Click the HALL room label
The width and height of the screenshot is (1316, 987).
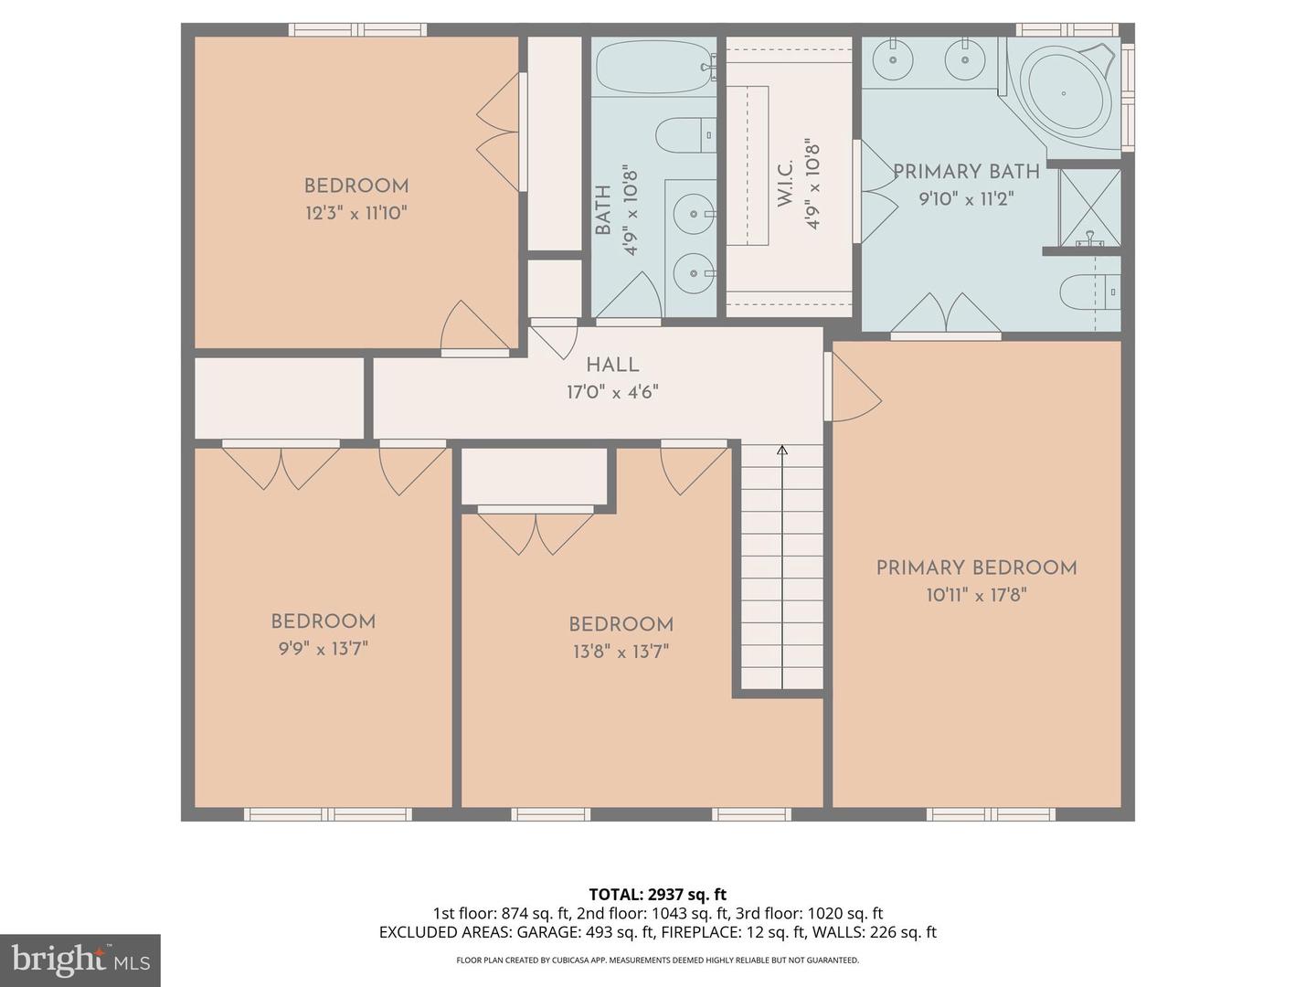tap(612, 365)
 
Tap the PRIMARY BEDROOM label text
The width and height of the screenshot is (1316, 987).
tap(976, 568)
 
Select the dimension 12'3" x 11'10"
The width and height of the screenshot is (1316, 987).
tap(356, 214)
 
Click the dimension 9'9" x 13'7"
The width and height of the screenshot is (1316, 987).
tap(323, 649)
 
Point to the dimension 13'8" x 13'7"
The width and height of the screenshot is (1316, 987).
tap(621, 652)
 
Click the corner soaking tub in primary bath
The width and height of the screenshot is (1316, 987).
tap(1066, 93)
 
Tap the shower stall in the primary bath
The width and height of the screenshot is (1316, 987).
tap(1089, 207)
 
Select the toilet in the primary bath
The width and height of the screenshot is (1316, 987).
tap(1088, 293)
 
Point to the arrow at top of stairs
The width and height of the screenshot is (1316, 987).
tap(782, 450)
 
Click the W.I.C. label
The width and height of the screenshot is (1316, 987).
tap(785, 186)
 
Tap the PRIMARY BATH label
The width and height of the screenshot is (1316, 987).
tap(966, 172)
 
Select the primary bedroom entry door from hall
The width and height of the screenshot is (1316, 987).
tap(852, 388)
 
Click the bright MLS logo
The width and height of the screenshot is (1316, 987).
tap(80, 960)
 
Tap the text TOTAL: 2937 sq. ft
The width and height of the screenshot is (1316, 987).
tap(657, 894)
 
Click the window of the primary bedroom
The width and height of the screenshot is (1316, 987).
tap(991, 813)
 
